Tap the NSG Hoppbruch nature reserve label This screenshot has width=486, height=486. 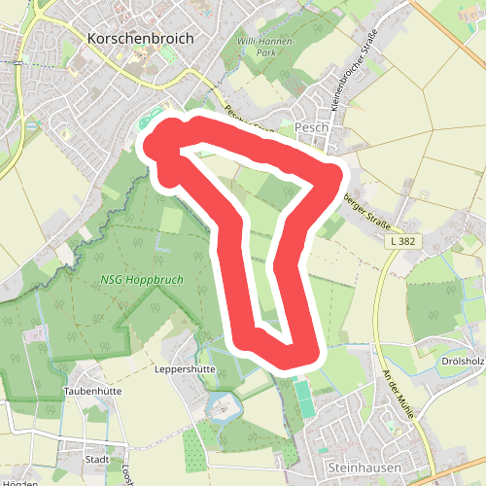point(142,280)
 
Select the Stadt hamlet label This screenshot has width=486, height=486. point(97,459)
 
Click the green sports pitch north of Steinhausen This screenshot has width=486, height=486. point(304,399)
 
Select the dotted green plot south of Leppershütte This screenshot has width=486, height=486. point(194,447)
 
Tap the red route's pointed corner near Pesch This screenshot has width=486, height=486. point(335,176)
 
